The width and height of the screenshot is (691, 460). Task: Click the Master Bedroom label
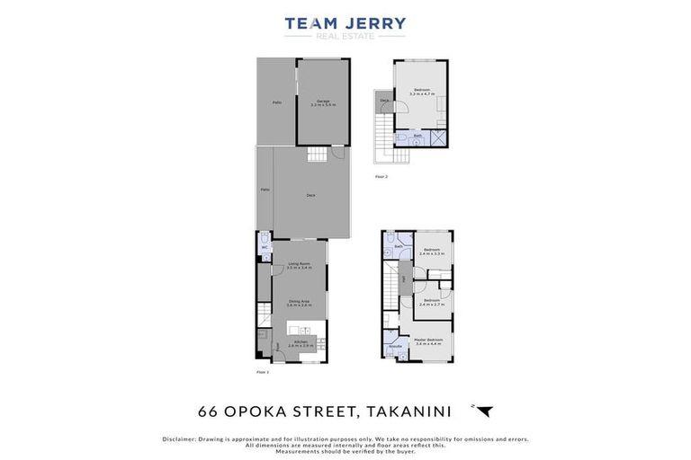pyautogui.click(x=428, y=341)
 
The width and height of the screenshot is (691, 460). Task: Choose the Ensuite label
pyautogui.click(x=395, y=345)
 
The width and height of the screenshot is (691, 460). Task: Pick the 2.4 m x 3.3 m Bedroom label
pyautogui.click(x=431, y=252)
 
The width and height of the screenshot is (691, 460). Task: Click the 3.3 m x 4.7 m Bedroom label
pyautogui.click(x=420, y=91)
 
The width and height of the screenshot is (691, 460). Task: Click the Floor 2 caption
pyautogui.click(x=381, y=177)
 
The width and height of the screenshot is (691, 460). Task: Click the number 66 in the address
pyautogui.click(x=208, y=411)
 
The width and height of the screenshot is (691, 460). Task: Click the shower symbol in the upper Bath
pyautogui.click(x=437, y=137)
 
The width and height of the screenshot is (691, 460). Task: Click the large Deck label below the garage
pyautogui.click(x=310, y=195)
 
